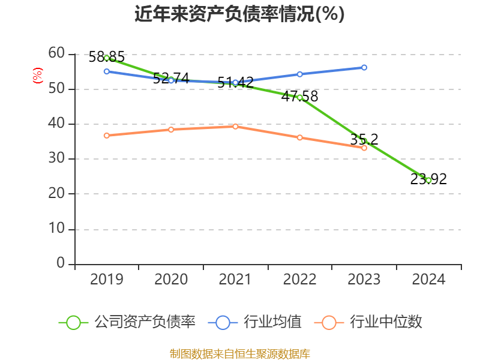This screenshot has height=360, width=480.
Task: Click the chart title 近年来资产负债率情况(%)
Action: (239, 14)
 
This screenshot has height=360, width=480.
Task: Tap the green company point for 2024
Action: (428, 180)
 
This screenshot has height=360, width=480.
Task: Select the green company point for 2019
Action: (107, 58)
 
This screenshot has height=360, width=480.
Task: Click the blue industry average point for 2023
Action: (364, 67)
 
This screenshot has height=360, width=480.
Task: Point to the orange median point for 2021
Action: (235, 127)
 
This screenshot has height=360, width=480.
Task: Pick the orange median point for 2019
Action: (107, 136)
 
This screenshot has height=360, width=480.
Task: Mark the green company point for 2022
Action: (300, 97)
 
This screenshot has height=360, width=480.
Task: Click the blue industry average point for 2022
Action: (300, 74)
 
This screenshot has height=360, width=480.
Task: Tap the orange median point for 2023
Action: (364, 148)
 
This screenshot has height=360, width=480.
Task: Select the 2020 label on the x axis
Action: (171, 280)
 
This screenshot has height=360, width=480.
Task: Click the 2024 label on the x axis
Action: (428, 280)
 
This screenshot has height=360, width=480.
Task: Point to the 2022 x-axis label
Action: (300, 280)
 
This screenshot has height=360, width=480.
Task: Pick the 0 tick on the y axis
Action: (61, 263)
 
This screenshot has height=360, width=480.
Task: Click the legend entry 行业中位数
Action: (386, 322)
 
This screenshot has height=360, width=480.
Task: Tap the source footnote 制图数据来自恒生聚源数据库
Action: (239, 353)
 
